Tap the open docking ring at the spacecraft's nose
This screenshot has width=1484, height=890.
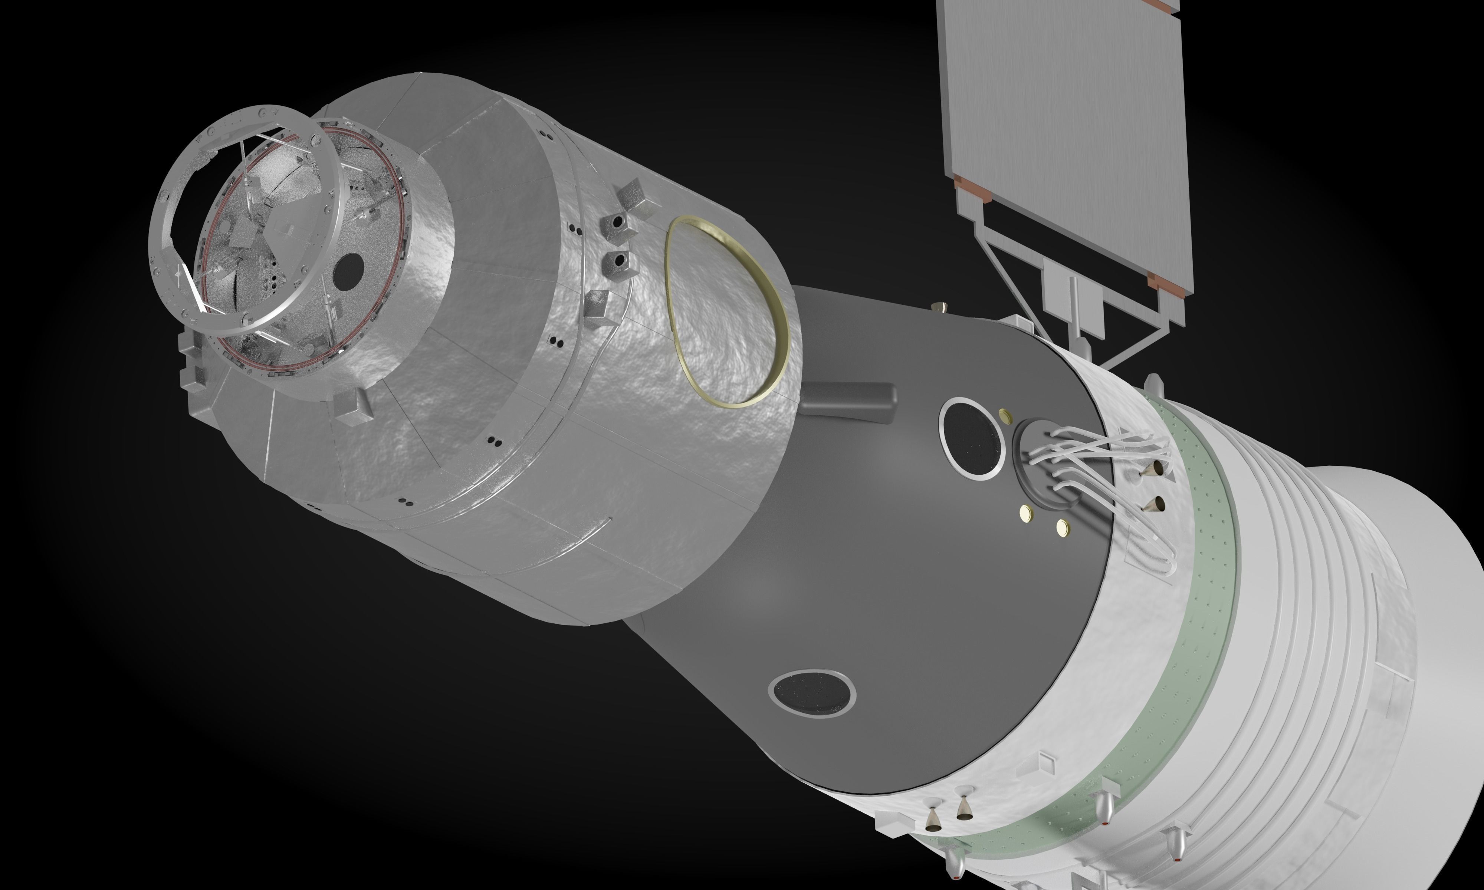(x=240, y=222)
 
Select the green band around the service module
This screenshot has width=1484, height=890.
(x=1194, y=600)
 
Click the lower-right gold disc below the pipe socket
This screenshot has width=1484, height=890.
(x=1062, y=528)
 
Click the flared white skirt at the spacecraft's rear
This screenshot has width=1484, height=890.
(x=1398, y=600)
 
